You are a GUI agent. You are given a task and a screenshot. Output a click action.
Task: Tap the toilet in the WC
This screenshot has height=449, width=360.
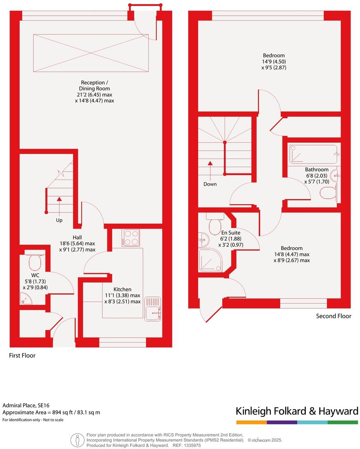coord(34,260)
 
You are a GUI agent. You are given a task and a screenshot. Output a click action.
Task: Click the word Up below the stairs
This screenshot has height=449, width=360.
coord(59,220)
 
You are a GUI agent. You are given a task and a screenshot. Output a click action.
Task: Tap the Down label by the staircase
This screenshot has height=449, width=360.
coord(210,184)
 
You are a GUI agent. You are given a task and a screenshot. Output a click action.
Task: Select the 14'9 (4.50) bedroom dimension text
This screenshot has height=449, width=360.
coord(274,61)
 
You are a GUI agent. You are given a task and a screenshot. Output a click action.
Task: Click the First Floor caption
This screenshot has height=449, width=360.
coord(22,355)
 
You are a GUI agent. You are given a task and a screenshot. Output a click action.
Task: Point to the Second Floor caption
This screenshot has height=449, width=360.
coord(334,316)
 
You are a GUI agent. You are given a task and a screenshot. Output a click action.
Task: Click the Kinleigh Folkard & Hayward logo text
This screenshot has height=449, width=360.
coord(296,411)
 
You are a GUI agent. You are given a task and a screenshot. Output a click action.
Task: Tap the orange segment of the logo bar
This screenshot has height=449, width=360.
coord(251,422)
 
